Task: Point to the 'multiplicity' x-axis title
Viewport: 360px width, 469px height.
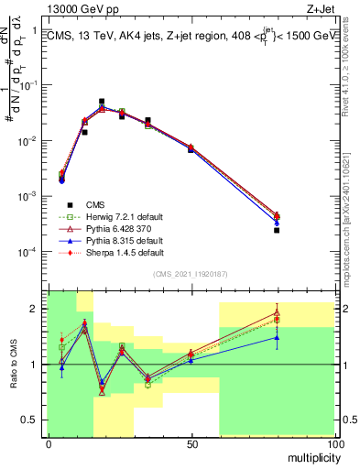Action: pos(309,455)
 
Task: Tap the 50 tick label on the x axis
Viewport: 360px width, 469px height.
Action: pos(191,443)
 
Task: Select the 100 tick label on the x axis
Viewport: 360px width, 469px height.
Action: pos(334,443)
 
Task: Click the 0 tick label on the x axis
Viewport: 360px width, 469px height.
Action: pos(49,443)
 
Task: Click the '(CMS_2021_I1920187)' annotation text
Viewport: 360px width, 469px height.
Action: pos(191,274)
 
